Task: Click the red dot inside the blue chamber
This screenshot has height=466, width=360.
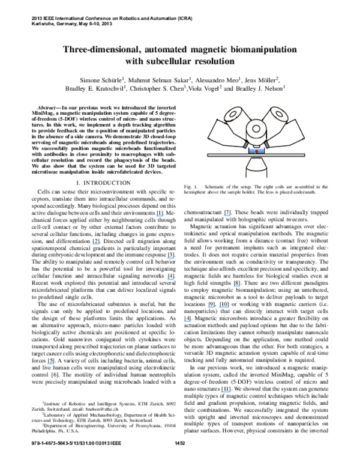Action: tap(256, 151)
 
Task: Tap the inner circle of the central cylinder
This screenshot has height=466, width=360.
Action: tap(256, 129)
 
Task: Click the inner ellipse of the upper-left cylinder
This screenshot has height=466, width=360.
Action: tap(233, 114)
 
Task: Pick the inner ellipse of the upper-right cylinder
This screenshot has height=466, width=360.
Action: tap(279, 114)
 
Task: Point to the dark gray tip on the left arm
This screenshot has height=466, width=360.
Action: tap(245, 145)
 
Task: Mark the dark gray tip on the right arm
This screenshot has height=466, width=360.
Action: tap(267, 145)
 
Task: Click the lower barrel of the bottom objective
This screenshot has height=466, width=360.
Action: tap(256, 174)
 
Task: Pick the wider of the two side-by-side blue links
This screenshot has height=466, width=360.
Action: tap(224, 307)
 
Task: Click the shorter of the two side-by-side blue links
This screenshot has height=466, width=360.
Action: tap(211, 307)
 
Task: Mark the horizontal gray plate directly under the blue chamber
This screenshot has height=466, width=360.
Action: tap(256, 156)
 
